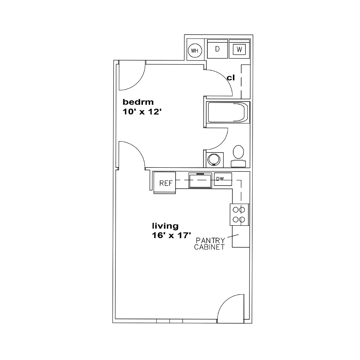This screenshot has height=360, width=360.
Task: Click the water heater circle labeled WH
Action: pyautogui.click(x=195, y=50)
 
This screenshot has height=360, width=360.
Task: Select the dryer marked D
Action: pyautogui.click(x=217, y=49)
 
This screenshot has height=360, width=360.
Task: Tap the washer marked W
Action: pyautogui.click(x=239, y=49)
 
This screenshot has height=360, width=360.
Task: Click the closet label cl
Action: pyautogui.click(x=231, y=78)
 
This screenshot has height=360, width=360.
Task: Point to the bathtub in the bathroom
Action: pyautogui.click(x=228, y=112)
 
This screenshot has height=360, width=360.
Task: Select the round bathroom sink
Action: pyautogui.click(x=214, y=159)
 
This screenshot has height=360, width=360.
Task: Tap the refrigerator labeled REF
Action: pyautogui.click(x=165, y=183)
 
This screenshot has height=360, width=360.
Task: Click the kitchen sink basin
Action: pyautogui.click(x=200, y=180)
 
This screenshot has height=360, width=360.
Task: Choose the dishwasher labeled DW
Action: pyautogui.click(x=223, y=179)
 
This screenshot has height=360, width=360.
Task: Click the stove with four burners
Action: pyautogui.click(x=239, y=215)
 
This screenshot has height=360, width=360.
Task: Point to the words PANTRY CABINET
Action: pyautogui.click(x=210, y=244)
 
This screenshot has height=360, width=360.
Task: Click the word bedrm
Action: pyautogui.click(x=138, y=102)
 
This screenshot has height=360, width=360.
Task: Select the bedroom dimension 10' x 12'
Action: pyautogui.click(x=142, y=112)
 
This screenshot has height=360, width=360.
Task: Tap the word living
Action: pyautogui.click(x=165, y=226)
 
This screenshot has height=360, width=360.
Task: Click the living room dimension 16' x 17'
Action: pyautogui.click(x=171, y=235)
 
